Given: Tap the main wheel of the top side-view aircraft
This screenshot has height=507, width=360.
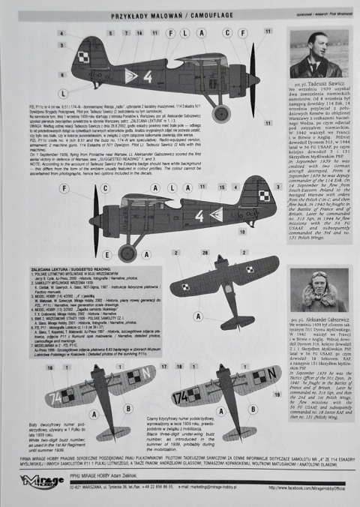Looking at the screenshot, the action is tap(220, 113).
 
